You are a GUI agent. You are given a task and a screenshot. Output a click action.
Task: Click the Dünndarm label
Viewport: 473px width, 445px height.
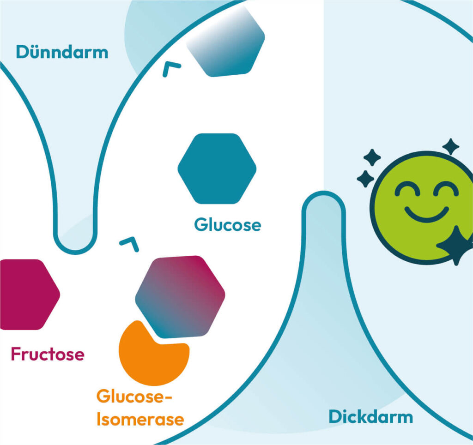coord(62,52)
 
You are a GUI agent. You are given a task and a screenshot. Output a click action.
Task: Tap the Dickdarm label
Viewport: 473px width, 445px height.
coord(371,417)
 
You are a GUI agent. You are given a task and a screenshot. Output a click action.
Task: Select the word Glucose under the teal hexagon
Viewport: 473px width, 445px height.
coord(227,225)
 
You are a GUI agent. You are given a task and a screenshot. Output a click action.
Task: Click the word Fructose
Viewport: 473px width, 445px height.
coord(48,354)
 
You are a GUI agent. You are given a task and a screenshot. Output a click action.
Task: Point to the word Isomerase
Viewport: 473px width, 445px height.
coord(140,419)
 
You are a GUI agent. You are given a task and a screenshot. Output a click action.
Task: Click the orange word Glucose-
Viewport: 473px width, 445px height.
coord(134,396)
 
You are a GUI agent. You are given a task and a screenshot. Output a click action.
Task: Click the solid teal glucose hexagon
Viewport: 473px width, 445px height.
coord(217,168)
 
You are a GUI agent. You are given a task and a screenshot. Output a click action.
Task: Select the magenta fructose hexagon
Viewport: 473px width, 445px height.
coord(30,294)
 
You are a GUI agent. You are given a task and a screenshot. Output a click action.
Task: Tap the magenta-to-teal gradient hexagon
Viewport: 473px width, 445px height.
coord(180,297)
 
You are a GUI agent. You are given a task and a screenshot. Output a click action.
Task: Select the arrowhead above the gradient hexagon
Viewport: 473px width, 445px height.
coord(130,244)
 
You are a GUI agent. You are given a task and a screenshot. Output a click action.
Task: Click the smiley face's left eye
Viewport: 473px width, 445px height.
coord(407,188)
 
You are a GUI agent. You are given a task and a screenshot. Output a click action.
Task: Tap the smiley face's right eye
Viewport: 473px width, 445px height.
coord(446,188)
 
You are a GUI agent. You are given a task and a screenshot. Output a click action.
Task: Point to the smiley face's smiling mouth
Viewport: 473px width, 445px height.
coord(426,214)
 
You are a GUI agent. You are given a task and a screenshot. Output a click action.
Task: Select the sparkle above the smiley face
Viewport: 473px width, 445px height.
coord(451,147)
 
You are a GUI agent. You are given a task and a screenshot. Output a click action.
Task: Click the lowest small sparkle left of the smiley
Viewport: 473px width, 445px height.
coord(365,179)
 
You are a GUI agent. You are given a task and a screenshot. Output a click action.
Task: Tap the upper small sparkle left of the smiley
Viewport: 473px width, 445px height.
coord(372,157)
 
